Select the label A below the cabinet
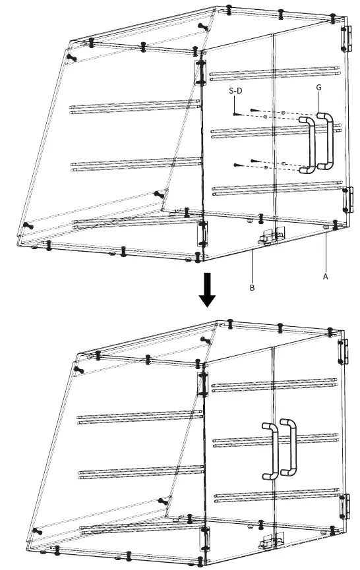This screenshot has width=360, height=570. point(325,277)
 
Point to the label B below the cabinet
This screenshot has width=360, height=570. point(252,287)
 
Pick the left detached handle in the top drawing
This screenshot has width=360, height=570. point(308,145)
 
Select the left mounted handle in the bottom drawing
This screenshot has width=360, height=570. point(270,451)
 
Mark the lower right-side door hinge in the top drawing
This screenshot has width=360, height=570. point(345,200)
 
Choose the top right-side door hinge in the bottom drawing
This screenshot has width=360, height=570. point(344,351)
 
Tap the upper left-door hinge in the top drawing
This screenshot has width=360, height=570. point(201,72)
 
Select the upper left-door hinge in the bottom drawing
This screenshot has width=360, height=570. point(204,383)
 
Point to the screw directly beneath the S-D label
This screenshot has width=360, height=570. point(235,114)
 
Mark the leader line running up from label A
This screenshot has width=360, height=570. point(326,254)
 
